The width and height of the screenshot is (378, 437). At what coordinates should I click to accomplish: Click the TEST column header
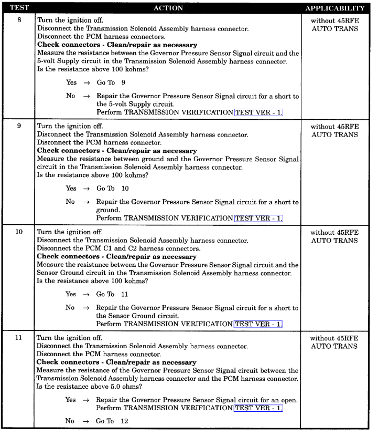click(x=19, y=8)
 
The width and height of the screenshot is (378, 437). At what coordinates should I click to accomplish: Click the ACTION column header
click(x=168, y=8)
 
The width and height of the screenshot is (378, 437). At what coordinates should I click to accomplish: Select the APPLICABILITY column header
click(x=334, y=8)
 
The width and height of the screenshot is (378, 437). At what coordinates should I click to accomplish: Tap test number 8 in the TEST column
click(x=19, y=20)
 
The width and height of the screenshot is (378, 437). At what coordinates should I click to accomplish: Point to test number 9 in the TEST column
click(x=19, y=126)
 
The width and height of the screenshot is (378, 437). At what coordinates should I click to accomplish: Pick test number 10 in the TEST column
click(x=19, y=232)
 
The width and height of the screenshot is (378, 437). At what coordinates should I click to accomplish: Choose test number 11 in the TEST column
click(x=19, y=338)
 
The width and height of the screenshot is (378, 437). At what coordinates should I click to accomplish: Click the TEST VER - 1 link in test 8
click(x=258, y=112)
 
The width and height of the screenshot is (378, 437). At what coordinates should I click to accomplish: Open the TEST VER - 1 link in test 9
click(x=258, y=218)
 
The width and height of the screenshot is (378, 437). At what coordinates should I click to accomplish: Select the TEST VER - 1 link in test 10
click(x=258, y=324)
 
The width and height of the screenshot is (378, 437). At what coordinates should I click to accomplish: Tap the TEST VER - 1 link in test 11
click(x=258, y=408)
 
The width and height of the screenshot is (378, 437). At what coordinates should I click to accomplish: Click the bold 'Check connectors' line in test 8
click(x=117, y=45)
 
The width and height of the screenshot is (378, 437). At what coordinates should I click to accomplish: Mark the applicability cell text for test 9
click(x=334, y=130)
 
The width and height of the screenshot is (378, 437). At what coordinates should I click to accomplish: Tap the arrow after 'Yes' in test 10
click(x=87, y=294)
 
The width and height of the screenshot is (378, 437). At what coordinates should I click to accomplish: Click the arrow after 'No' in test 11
click(x=87, y=421)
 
